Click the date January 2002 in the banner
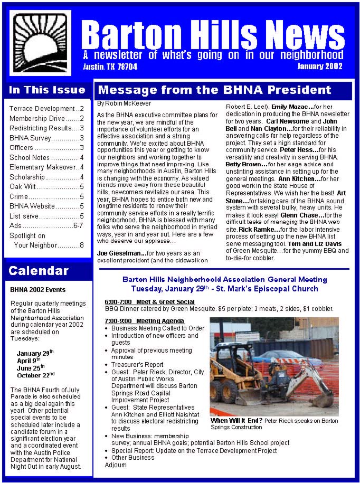tap(319, 67)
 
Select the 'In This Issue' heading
tap(47, 90)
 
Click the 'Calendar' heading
tap(39, 271)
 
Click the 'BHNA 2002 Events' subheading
tap(38, 290)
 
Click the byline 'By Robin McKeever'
tap(124, 103)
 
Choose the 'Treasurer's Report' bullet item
tap(137, 364)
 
